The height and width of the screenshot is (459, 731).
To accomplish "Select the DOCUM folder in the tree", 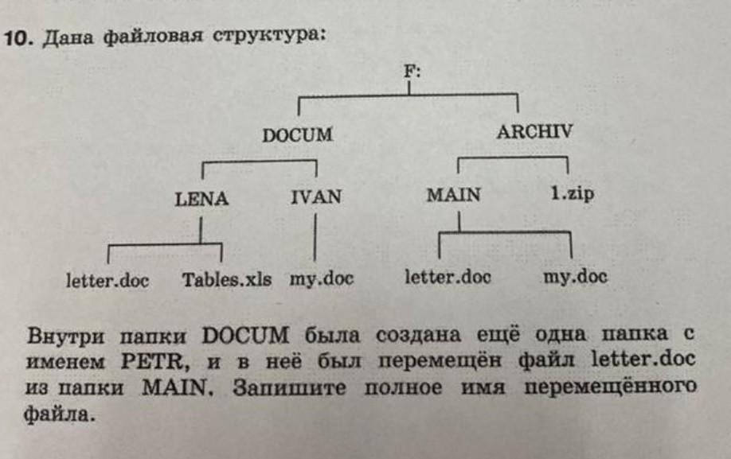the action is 297,135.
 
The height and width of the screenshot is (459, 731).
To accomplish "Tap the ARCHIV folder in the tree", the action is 534,132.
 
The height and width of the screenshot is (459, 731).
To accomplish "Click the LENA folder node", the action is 201,199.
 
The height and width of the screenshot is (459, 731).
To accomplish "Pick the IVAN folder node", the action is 316,196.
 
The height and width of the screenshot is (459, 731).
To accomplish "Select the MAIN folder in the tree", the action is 453,195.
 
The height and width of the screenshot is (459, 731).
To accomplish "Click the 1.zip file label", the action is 572,194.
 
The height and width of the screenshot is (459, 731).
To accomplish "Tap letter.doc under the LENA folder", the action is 107,280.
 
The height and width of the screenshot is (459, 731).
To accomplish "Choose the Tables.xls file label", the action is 226,279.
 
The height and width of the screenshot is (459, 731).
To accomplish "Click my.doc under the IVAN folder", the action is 321,279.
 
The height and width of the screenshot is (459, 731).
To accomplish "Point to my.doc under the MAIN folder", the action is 575,277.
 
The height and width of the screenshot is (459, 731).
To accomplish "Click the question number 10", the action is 17,37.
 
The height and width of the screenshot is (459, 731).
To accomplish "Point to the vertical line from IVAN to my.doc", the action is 317,238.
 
